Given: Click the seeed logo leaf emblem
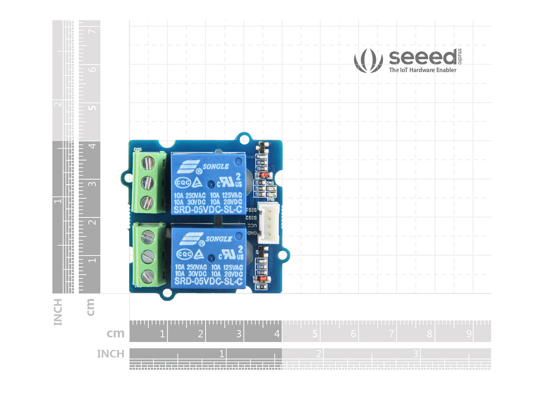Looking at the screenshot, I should click(368, 60).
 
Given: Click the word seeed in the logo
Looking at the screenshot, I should click(423, 57).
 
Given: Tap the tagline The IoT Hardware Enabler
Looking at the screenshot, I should click(422, 70).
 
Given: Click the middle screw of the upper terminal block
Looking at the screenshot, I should click(147, 182).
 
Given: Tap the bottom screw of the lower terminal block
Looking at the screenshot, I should click(147, 276).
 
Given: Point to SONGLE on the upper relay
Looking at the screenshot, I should click(216, 167).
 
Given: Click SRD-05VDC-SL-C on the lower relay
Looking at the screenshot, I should click(208, 281).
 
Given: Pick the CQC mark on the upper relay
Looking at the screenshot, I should click(182, 182).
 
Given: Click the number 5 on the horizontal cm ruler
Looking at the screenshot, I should click(315, 334).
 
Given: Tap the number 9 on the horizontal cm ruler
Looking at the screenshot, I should click(469, 334).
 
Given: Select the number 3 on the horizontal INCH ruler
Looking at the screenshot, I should click(415, 353).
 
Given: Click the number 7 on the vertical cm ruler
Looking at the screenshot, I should click(92, 31).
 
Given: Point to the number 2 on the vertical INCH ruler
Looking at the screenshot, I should click(58, 104).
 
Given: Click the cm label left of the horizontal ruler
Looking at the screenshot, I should click(115, 333).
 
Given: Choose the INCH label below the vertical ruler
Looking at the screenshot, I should click(58, 312).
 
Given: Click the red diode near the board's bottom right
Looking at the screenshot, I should click(262, 279).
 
